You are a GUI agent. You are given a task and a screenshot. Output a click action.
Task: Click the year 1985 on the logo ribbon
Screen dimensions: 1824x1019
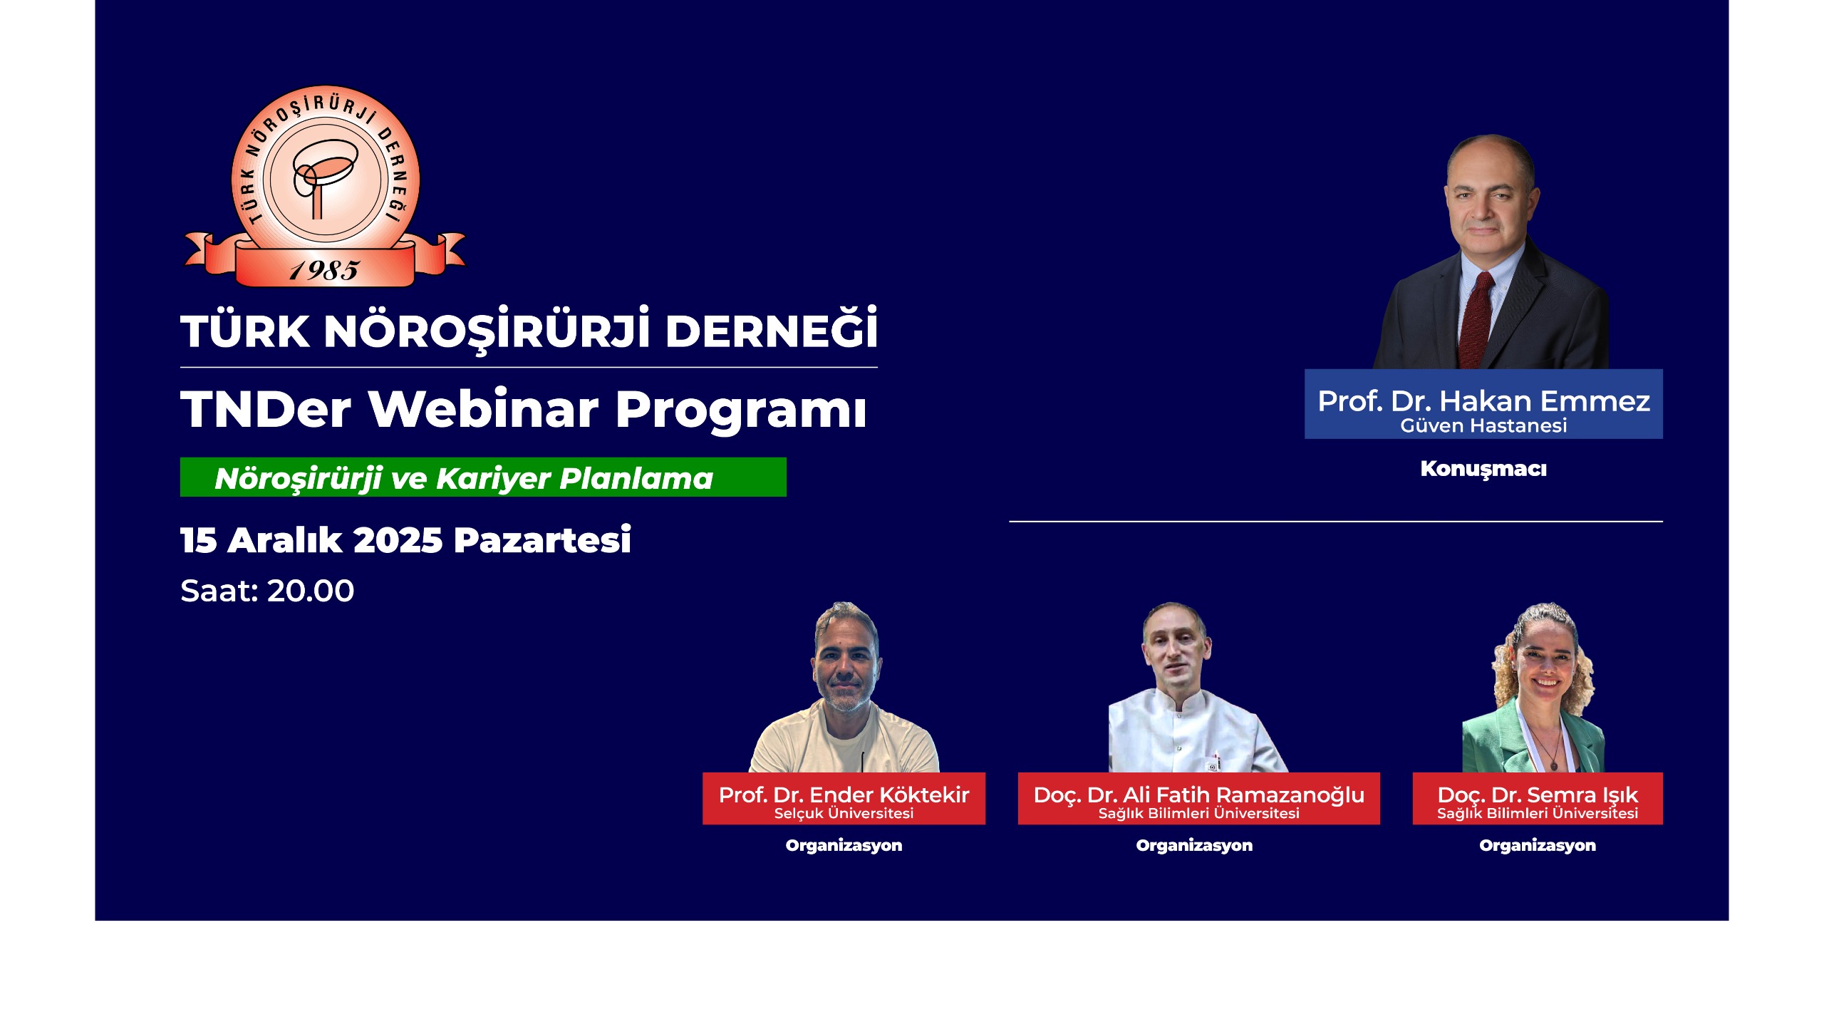(324, 270)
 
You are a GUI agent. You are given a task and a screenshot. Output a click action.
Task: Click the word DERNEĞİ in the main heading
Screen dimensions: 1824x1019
(771, 330)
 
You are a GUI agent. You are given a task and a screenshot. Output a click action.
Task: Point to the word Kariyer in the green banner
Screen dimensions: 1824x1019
(494, 479)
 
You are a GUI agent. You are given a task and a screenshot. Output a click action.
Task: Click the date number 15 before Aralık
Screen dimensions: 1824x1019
(198, 540)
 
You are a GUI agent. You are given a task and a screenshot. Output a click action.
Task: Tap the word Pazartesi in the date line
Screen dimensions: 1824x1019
(542, 539)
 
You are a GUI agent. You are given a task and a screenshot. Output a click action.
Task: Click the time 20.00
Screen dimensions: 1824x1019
(311, 591)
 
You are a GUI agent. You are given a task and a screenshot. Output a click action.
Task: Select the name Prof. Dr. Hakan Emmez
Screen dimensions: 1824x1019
(1483, 401)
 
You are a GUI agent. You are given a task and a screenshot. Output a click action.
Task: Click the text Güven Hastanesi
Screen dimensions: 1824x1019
(1483, 425)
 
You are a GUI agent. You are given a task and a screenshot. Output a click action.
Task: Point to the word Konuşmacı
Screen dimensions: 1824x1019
(1483, 469)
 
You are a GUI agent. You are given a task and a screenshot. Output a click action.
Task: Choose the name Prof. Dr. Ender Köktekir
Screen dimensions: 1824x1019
(844, 795)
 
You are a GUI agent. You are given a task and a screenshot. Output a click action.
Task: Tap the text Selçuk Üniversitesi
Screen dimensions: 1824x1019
(844, 813)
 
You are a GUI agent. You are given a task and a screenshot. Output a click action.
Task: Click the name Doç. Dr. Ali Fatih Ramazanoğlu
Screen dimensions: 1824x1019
(1198, 795)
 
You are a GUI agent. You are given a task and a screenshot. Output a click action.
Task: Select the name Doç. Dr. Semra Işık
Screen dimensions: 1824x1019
(1538, 795)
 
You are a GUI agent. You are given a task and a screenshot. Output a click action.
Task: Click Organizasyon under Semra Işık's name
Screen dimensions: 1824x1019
(1538, 845)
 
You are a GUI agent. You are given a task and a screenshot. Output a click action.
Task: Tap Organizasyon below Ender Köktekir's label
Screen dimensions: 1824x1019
(844, 845)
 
